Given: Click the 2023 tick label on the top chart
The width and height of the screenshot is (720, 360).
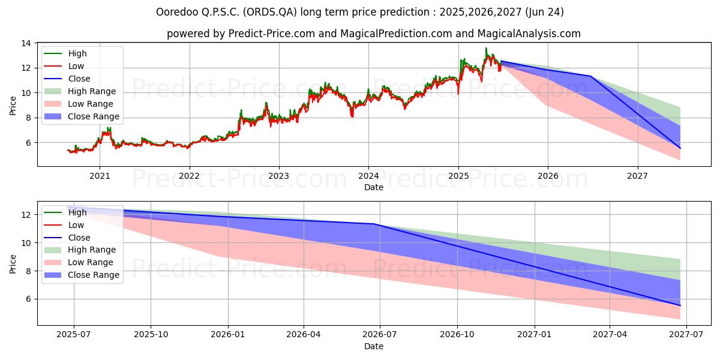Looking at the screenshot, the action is pos(278,176).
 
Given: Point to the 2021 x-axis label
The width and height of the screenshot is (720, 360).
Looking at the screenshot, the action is pos(100,176).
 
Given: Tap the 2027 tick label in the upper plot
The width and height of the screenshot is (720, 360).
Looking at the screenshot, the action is pos(637,176).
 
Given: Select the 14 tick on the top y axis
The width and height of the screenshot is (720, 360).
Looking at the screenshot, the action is pos(26,43).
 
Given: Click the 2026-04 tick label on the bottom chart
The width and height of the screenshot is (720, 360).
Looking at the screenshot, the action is pos(304,335).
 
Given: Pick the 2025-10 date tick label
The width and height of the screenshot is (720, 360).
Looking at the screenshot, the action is pos(151,335).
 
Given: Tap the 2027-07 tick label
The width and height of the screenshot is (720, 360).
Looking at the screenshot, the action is pos(686,335).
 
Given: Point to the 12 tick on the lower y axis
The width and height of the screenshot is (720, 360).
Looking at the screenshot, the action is pos(26,215).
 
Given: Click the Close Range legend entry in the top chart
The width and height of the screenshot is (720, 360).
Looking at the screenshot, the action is pos(82,116).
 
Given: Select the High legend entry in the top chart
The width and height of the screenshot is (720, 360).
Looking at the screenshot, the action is pos(65,53).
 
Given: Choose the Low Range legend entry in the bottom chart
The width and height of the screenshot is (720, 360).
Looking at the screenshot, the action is pos(79,262).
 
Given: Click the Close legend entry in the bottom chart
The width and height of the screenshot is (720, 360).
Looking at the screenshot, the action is pos(67,238).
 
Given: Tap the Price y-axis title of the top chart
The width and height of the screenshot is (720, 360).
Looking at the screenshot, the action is pos(13,106).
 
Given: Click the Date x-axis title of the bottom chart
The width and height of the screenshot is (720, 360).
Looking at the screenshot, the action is pos(373,346).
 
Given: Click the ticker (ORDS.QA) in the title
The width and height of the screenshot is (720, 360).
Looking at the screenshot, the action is pos(269,12).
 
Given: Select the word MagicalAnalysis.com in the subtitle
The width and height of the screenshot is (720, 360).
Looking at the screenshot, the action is pos(529,34).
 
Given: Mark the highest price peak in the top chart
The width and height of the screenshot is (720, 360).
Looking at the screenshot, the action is pos(485,48).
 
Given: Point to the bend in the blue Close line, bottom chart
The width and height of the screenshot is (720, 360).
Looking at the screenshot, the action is pos(374,224).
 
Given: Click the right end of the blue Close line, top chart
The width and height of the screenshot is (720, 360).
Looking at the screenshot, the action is pos(680,149).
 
